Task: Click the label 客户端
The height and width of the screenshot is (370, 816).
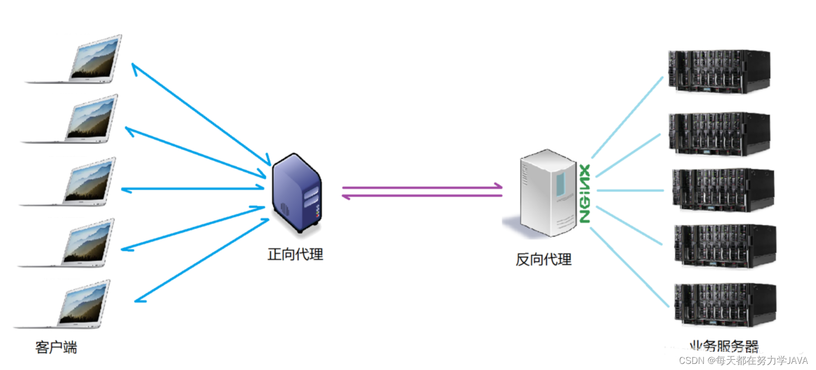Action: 56,348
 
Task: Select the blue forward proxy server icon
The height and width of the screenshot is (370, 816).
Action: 297,193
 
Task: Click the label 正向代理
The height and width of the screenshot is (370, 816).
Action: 295,254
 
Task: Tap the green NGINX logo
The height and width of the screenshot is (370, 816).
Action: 585,193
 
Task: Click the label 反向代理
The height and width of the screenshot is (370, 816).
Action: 543,260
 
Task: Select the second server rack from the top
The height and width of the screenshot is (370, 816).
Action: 719,133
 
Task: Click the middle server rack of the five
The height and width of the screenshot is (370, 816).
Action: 722,190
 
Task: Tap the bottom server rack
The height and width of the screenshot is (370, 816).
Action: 724,304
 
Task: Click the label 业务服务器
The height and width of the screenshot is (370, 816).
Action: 724,347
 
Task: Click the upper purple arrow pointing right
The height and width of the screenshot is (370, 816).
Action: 422,187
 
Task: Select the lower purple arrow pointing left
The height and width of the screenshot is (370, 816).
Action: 422,196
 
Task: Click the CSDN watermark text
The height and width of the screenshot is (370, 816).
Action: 743,360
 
